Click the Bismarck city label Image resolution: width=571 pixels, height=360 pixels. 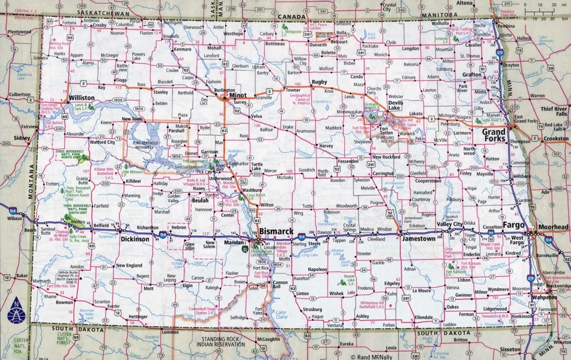(276, 230)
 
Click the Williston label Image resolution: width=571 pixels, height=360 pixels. (81, 98)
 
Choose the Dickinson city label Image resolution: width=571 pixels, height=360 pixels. (135, 240)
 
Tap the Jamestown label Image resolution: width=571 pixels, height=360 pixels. (419, 239)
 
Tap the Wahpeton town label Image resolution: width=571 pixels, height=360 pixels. (545, 297)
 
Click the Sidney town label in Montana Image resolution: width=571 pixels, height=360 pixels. (22, 138)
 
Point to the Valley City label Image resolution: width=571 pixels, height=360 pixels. (449, 224)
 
